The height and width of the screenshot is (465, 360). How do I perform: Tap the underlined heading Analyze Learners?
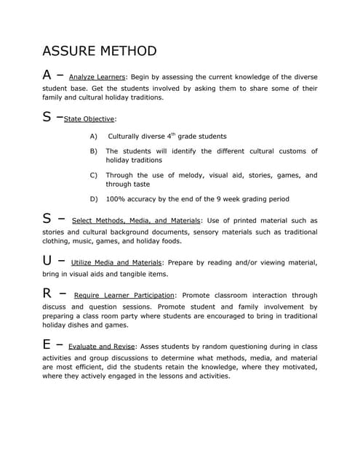(97, 76)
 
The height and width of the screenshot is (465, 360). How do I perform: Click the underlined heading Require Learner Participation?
(124, 296)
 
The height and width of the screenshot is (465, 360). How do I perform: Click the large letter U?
(48, 260)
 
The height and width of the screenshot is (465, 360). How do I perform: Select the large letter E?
(47, 344)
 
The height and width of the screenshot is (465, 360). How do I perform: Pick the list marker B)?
(93, 151)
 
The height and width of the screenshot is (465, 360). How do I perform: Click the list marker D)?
(93, 199)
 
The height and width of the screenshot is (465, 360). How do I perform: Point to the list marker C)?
(93, 175)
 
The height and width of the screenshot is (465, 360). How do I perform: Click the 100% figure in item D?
(115, 199)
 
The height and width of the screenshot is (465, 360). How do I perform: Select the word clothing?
(57, 241)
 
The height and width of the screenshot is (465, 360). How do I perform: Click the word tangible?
(132, 274)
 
